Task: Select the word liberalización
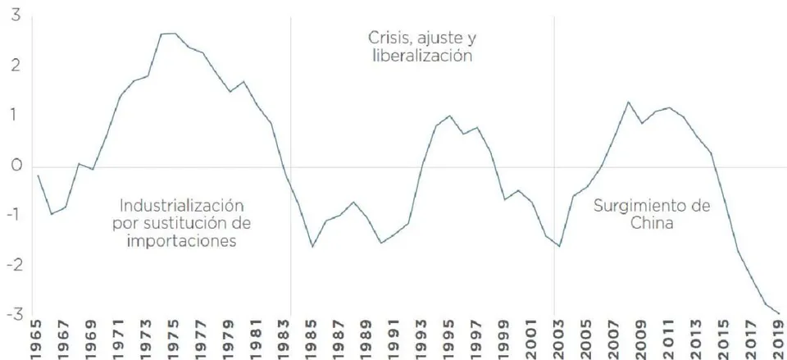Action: click(423, 55)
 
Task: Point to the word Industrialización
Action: click(182, 206)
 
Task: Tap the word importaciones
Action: click(182, 241)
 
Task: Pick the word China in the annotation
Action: click(652, 223)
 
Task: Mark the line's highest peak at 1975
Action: click(174, 33)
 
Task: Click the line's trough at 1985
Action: click(312, 247)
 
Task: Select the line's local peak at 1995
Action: click(449, 116)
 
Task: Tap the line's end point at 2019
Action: click(779, 313)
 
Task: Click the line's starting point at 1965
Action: click(39, 175)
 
